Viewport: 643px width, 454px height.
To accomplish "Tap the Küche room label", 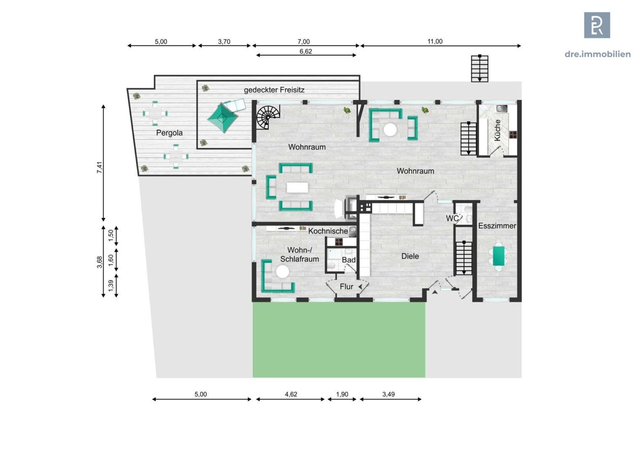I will pyautogui.click(x=497, y=130).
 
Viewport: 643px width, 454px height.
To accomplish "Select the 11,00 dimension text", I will pyautogui.click(x=435, y=42).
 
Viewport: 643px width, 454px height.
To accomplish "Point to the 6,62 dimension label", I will pyautogui.click(x=306, y=52).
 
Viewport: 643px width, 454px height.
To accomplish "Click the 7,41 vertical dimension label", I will pyautogui.click(x=100, y=167).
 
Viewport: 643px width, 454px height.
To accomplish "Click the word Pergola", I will pyautogui.click(x=169, y=133).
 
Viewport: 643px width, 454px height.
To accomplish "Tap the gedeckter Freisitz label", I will pyautogui.click(x=274, y=90).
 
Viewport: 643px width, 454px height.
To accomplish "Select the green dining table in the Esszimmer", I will pyautogui.click(x=499, y=256).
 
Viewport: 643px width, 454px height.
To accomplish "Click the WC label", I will pyautogui.click(x=452, y=219).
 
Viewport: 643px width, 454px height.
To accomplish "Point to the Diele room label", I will pyautogui.click(x=410, y=256).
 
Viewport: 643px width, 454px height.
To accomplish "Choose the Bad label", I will pyautogui.click(x=348, y=260).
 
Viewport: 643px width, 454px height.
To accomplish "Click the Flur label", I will pyautogui.click(x=346, y=287).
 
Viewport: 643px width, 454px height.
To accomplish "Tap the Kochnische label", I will pyautogui.click(x=328, y=231).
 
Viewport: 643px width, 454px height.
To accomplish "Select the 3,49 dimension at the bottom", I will pyautogui.click(x=388, y=394).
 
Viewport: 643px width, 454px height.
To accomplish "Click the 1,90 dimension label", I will pyautogui.click(x=342, y=394).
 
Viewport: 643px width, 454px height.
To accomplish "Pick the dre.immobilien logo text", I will pyautogui.click(x=598, y=54).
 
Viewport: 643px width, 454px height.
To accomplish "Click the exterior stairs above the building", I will pyautogui.click(x=479, y=69).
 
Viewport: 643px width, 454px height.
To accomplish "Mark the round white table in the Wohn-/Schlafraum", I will pyautogui.click(x=282, y=272).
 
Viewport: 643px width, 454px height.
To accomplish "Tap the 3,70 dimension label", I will pyautogui.click(x=224, y=42).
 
